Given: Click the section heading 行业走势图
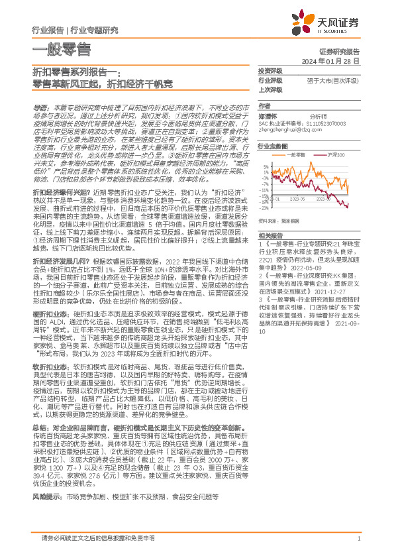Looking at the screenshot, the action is click(x=273, y=145).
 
